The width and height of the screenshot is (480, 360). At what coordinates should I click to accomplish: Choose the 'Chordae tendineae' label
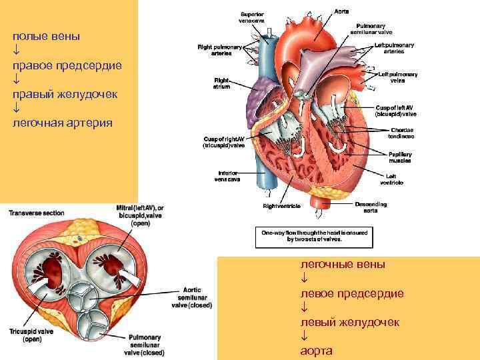[401, 133]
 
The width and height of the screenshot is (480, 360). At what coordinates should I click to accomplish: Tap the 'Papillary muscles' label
[400, 157]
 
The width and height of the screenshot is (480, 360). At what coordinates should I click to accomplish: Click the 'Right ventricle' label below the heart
[282, 207]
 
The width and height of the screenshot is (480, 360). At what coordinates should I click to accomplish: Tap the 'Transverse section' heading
[37, 213]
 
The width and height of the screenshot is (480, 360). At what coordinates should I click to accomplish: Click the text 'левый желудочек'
[350, 322]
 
